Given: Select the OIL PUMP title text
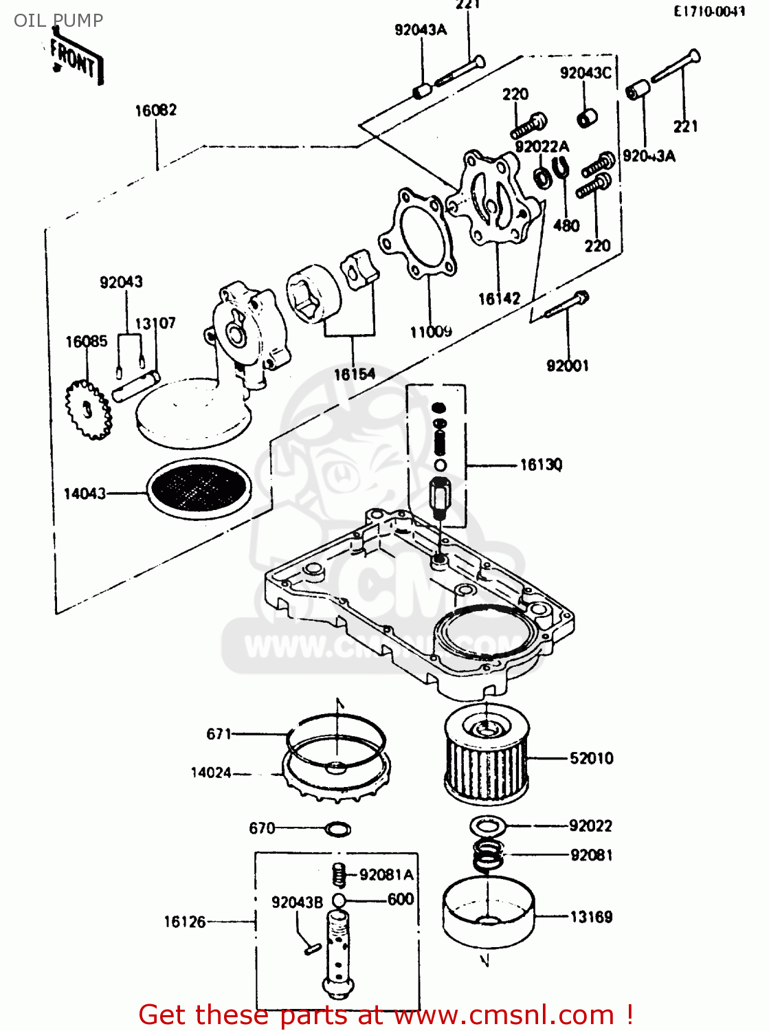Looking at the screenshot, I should pyautogui.click(x=58, y=21).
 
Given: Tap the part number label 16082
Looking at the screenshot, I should pyautogui.click(x=156, y=111).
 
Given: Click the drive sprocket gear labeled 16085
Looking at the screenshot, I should pyautogui.click(x=87, y=411).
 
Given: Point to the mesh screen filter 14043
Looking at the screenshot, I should pyautogui.click(x=199, y=487).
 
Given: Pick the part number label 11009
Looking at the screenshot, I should pyautogui.click(x=431, y=332).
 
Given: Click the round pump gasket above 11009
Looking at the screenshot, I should pyautogui.click(x=417, y=234).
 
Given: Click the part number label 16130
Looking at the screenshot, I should pyautogui.click(x=541, y=465).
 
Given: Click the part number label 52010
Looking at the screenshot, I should pyautogui.click(x=591, y=758).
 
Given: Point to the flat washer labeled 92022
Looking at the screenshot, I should pyautogui.click(x=489, y=825).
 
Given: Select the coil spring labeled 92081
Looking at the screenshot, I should pyautogui.click(x=488, y=854).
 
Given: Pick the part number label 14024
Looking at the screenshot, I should pyautogui.click(x=211, y=773).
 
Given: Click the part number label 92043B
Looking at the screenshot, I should pyautogui.click(x=297, y=902).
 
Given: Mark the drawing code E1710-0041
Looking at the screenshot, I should pyautogui.click(x=709, y=12).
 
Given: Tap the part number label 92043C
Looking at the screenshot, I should pyautogui.click(x=586, y=73).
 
